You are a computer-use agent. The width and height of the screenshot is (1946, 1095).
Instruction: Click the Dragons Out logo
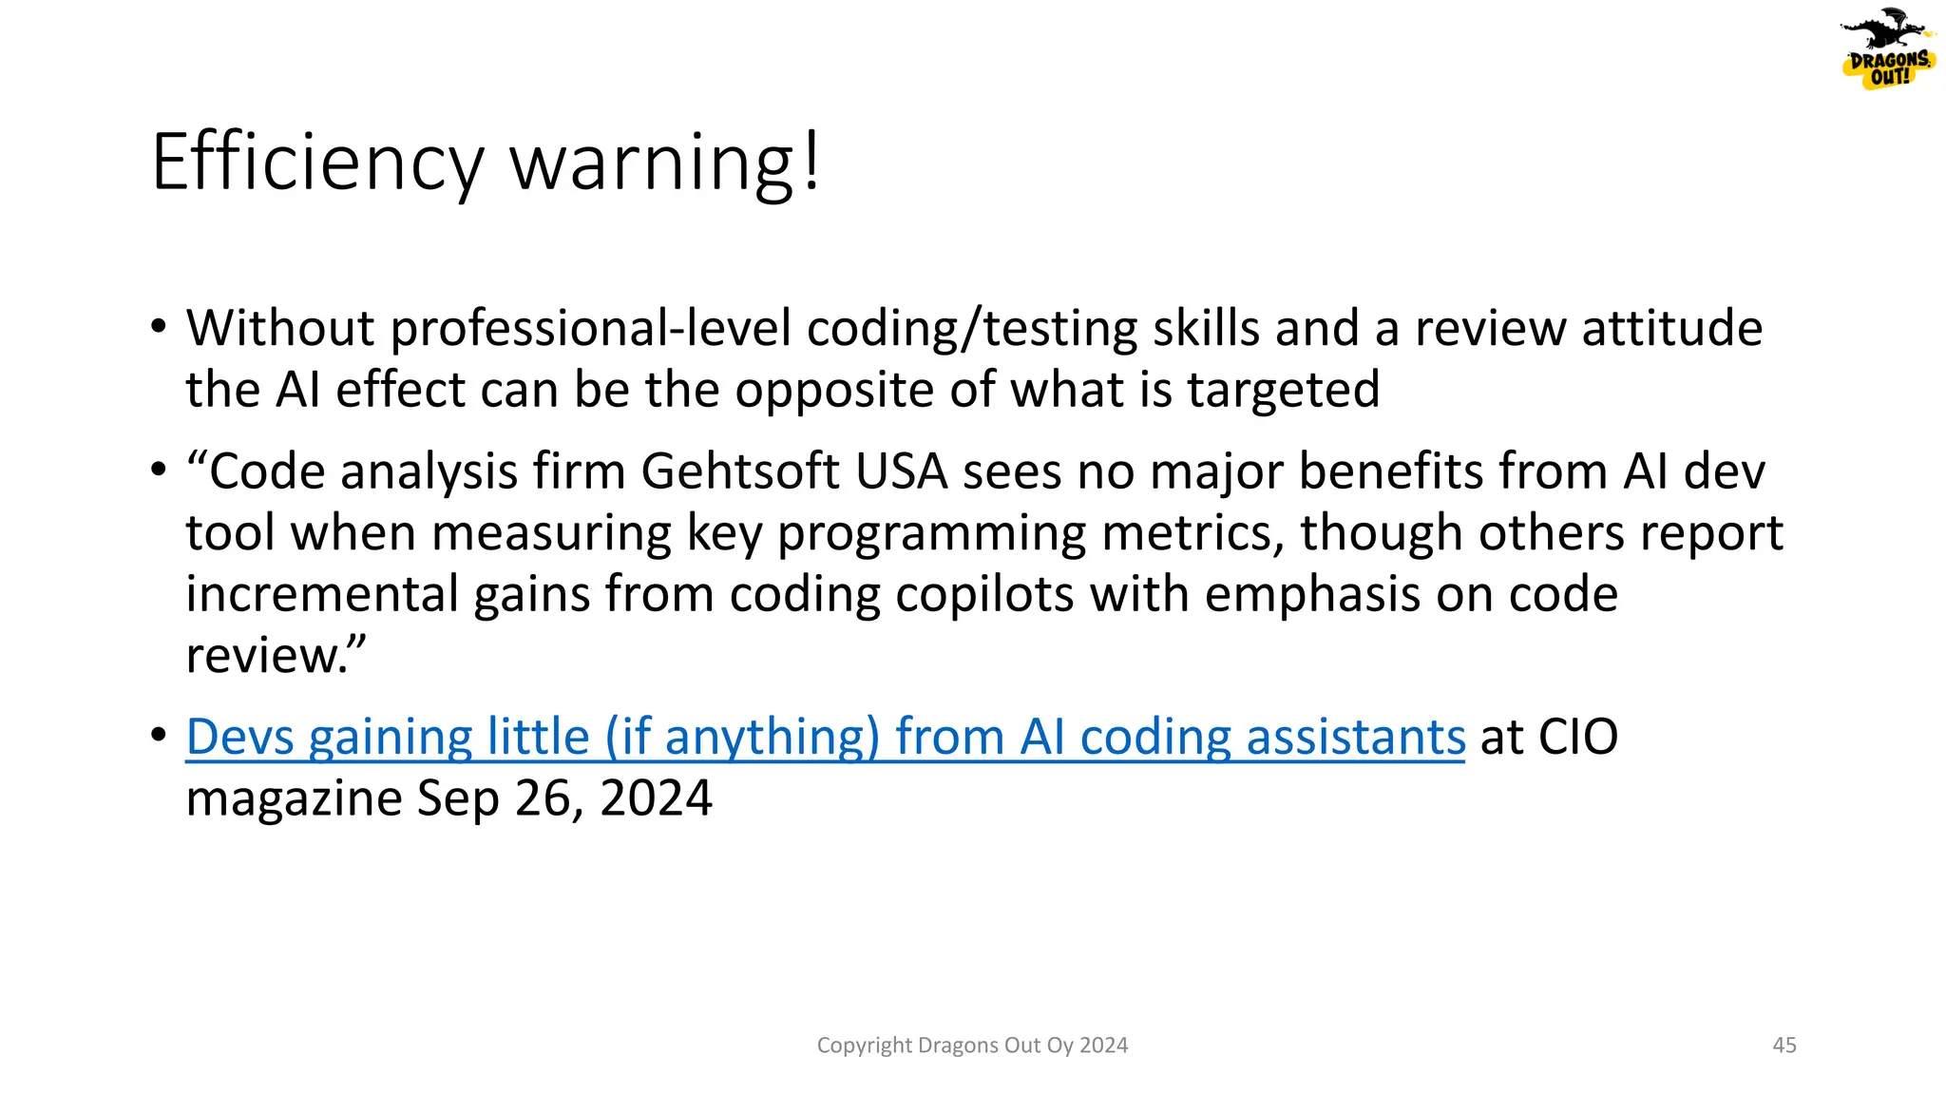pos(1888,49)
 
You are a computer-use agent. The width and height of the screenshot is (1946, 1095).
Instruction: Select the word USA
pos(902,471)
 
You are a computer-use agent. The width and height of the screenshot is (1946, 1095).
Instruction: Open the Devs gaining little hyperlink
pos(825,737)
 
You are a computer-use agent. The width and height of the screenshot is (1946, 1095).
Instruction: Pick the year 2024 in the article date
pos(656,798)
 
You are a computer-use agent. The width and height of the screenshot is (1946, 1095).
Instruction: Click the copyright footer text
pos(972,1046)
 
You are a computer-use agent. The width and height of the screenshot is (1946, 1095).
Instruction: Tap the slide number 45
pos(1784,1046)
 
